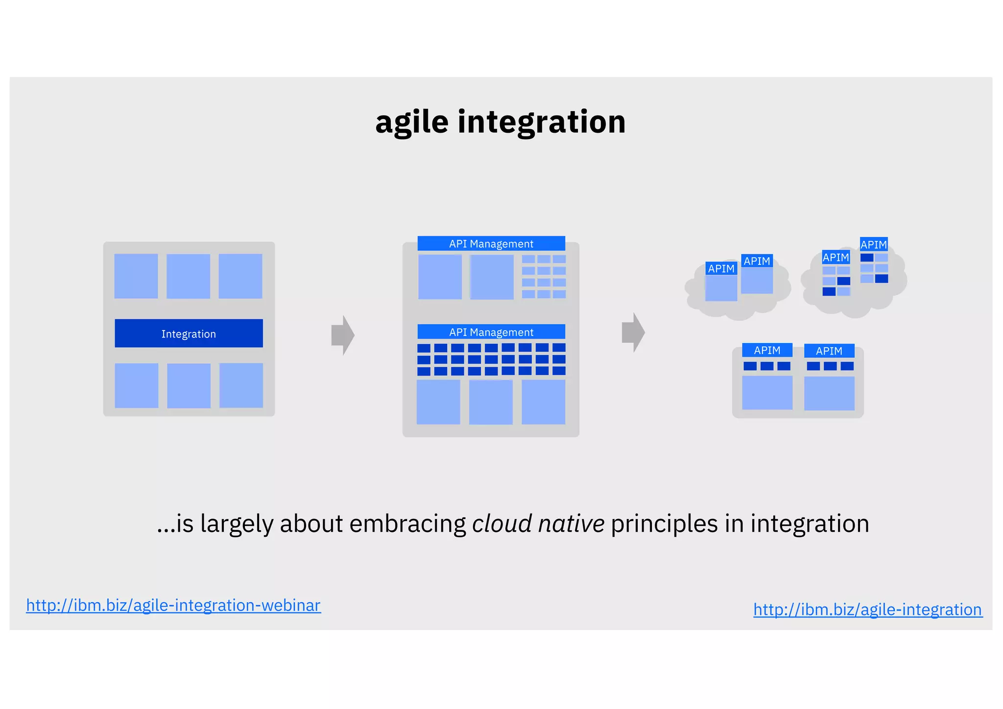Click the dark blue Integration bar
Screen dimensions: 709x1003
pos(189,333)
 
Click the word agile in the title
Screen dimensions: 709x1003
pos(411,122)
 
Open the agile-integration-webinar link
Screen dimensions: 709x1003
pos(173,606)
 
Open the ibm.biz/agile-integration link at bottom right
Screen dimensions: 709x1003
pos(867,610)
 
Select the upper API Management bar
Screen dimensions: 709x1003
pos(491,243)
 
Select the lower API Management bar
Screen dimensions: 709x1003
pos(491,332)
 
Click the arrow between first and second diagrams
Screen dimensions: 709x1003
pos(343,335)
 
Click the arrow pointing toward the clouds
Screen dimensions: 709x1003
pos(633,332)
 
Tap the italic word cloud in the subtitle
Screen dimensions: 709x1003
pos(501,523)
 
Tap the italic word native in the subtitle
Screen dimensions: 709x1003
pos(571,523)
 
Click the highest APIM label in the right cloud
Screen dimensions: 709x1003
pos(874,244)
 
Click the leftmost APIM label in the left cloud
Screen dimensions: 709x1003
pos(721,268)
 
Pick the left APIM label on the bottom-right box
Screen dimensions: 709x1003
pos(767,350)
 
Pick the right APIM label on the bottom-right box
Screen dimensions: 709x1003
pos(829,351)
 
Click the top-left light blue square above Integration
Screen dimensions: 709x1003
pos(136,276)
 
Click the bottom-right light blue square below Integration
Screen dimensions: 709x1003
pos(241,385)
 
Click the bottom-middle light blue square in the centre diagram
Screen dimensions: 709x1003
pos(491,402)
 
